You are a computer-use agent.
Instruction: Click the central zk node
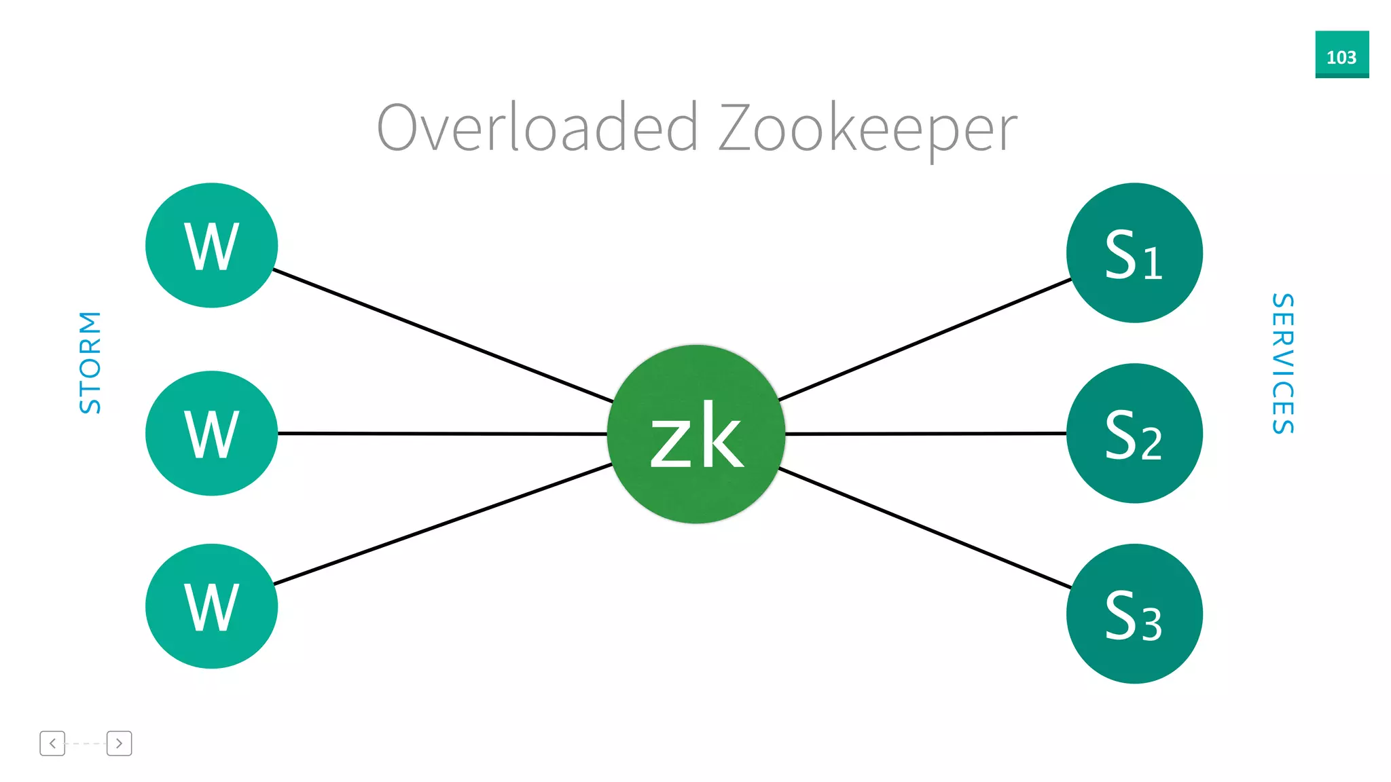696,434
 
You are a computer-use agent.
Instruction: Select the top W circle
211,245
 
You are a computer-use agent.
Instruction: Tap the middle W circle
211,433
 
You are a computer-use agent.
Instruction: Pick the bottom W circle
211,606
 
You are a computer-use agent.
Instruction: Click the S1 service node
1134,253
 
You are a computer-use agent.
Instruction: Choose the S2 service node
1134,433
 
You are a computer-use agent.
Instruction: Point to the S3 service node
1134,614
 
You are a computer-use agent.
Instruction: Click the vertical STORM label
90,362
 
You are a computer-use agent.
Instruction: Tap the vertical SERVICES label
1283,364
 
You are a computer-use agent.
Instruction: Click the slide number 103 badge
1341,55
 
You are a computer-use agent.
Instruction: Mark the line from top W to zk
441,335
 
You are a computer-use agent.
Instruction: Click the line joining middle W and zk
441,433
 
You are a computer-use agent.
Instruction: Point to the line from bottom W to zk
441,524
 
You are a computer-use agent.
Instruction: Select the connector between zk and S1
924,339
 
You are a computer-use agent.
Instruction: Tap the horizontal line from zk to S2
924,433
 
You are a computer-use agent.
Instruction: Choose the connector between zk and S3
924,527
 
